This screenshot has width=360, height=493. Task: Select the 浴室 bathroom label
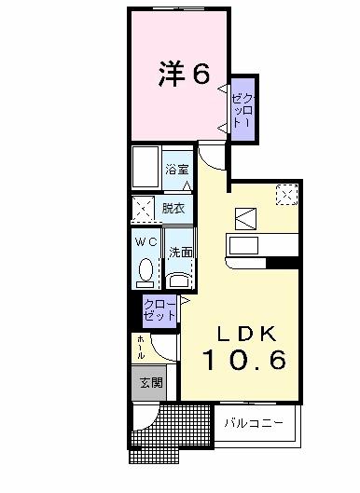tap(178, 170)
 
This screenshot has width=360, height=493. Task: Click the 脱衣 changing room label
tap(173, 209)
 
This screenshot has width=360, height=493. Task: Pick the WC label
tap(145, 241)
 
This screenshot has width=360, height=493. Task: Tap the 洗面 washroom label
tap(180, 253)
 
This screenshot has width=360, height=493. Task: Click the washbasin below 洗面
tap(179, 277)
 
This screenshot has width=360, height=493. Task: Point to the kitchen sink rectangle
tap(244, 247)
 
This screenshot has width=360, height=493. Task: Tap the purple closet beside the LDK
tap(159, 309)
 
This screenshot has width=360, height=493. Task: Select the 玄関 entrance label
tap(149, 382)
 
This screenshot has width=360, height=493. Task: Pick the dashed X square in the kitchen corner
tap(286, 195)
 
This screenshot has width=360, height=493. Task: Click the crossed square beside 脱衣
tap(144, 209)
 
